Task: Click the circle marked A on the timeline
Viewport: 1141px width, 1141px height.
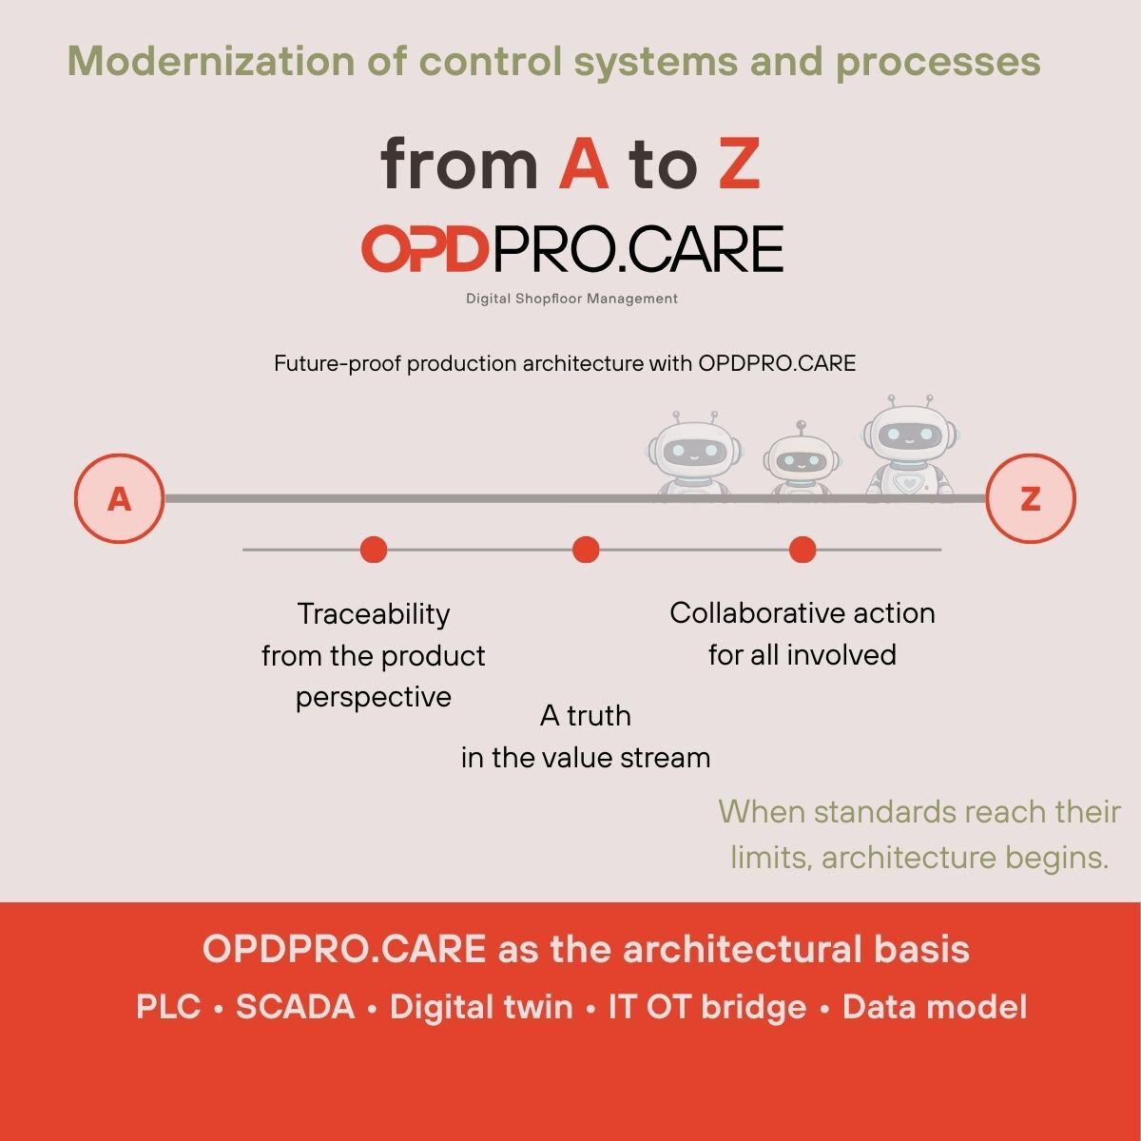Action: (119, 499)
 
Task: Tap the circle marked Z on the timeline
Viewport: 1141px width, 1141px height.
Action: (1030, 499)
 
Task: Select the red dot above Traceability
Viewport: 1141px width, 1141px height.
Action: (374, 550)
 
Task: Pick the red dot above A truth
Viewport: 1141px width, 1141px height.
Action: (586, 550)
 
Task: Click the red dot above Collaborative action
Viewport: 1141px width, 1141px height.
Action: (803, 550)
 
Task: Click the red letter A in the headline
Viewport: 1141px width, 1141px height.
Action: (583, 164)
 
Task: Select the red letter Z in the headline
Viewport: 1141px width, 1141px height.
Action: (740, 164)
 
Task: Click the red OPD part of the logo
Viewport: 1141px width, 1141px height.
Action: (425, 249)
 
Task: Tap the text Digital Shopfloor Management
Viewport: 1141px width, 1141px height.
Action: (571, 299)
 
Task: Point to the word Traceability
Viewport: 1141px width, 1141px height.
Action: (374, 614)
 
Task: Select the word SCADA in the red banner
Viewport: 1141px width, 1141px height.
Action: (295, 1007)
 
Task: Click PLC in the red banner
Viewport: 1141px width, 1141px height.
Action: (168, 1007)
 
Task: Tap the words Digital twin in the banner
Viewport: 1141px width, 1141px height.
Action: (481, 1007)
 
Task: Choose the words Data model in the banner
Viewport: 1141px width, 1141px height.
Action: (934, 1007)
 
